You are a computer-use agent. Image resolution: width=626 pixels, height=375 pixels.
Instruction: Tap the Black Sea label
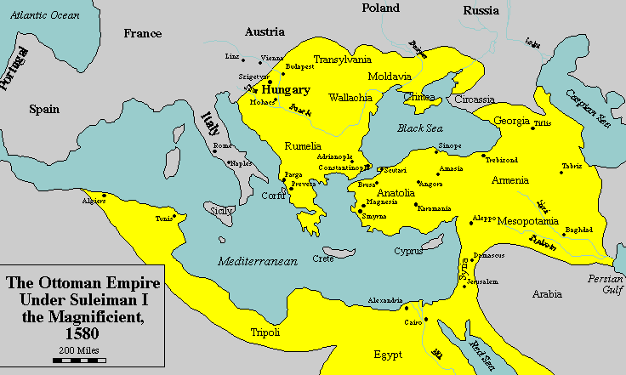pyautogui.click(x=420, y=128)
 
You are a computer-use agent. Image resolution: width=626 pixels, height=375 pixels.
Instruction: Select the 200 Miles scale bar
pyautogui.click(x=77, y=361)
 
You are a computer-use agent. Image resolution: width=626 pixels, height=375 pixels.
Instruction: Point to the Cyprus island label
pyautogui.click(x=408, y=251)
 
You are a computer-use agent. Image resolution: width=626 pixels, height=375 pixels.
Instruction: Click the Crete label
pyautogui.click(x=323, y=258)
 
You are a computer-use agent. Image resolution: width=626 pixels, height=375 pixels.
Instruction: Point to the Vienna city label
pyautogui.click(x=272, y=58)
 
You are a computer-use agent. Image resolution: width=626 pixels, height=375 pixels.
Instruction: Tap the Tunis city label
pyautogui.click(x=164, y=218)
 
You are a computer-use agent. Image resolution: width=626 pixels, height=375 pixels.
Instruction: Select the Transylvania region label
pyautogui.click(x=343, y=60)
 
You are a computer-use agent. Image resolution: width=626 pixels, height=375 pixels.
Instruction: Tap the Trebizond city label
pyautogui.click(x=501, y=160)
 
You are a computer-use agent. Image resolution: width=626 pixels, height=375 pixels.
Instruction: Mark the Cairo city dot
pyautogui.click(x=407, y=309)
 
